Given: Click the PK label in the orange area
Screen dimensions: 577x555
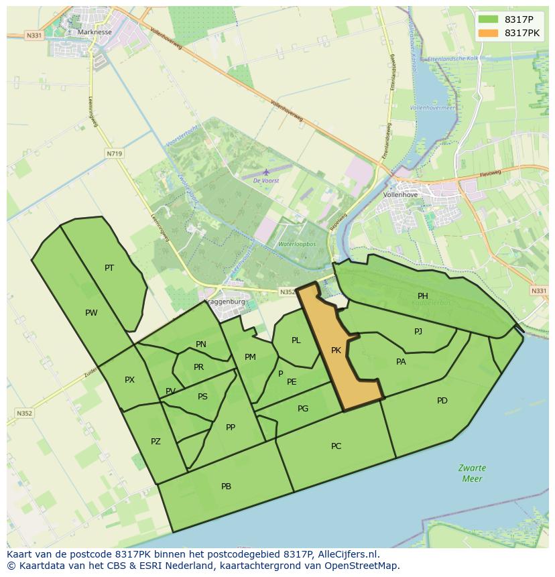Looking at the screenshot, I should [x=336, y=350].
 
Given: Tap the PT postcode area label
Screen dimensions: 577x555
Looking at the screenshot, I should [x=109, y=267].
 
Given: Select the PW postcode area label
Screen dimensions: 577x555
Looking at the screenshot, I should [x=91, y=312].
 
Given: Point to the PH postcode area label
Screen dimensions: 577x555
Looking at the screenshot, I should [x=423, y=296].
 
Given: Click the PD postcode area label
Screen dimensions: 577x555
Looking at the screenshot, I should [x=442, y=401].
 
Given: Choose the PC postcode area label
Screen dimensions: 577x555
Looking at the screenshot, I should [x=336, y=446].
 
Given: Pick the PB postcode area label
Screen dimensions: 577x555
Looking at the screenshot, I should [x=226, y=487].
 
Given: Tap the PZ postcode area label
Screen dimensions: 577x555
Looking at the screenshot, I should [x=156, y=441].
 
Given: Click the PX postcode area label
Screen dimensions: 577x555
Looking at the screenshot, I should [x=129, y=380].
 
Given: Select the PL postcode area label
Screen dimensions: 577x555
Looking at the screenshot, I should [x=296, y=340].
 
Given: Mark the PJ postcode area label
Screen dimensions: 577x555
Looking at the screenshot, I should [x=418, y=331].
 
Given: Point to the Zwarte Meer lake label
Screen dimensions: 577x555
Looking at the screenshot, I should [x=472, y=473].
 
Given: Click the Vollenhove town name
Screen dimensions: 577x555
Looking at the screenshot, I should [x=400, y=194].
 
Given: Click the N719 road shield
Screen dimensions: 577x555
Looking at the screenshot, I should [x=114, y=153].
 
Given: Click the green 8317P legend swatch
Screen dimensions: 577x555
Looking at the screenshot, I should [x=489, y=19].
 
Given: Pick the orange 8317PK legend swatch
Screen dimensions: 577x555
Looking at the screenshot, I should [x=489, y=32].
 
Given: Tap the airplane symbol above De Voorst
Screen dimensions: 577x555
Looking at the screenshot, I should [x=265, y=172].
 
